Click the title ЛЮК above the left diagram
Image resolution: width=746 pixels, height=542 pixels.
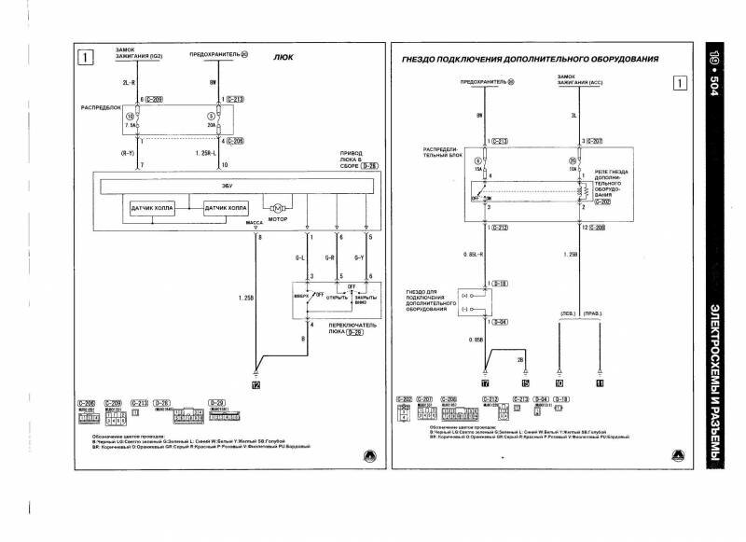coord(284,57)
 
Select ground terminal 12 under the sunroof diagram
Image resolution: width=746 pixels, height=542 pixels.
coord(255,382)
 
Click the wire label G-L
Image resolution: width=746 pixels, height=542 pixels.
coord(301,257)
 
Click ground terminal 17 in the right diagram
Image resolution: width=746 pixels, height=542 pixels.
coord(486,382)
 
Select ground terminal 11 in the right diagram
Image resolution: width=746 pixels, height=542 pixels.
coord(600,382)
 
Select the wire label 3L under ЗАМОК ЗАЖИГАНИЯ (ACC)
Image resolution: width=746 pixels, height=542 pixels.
coord(571,117)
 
